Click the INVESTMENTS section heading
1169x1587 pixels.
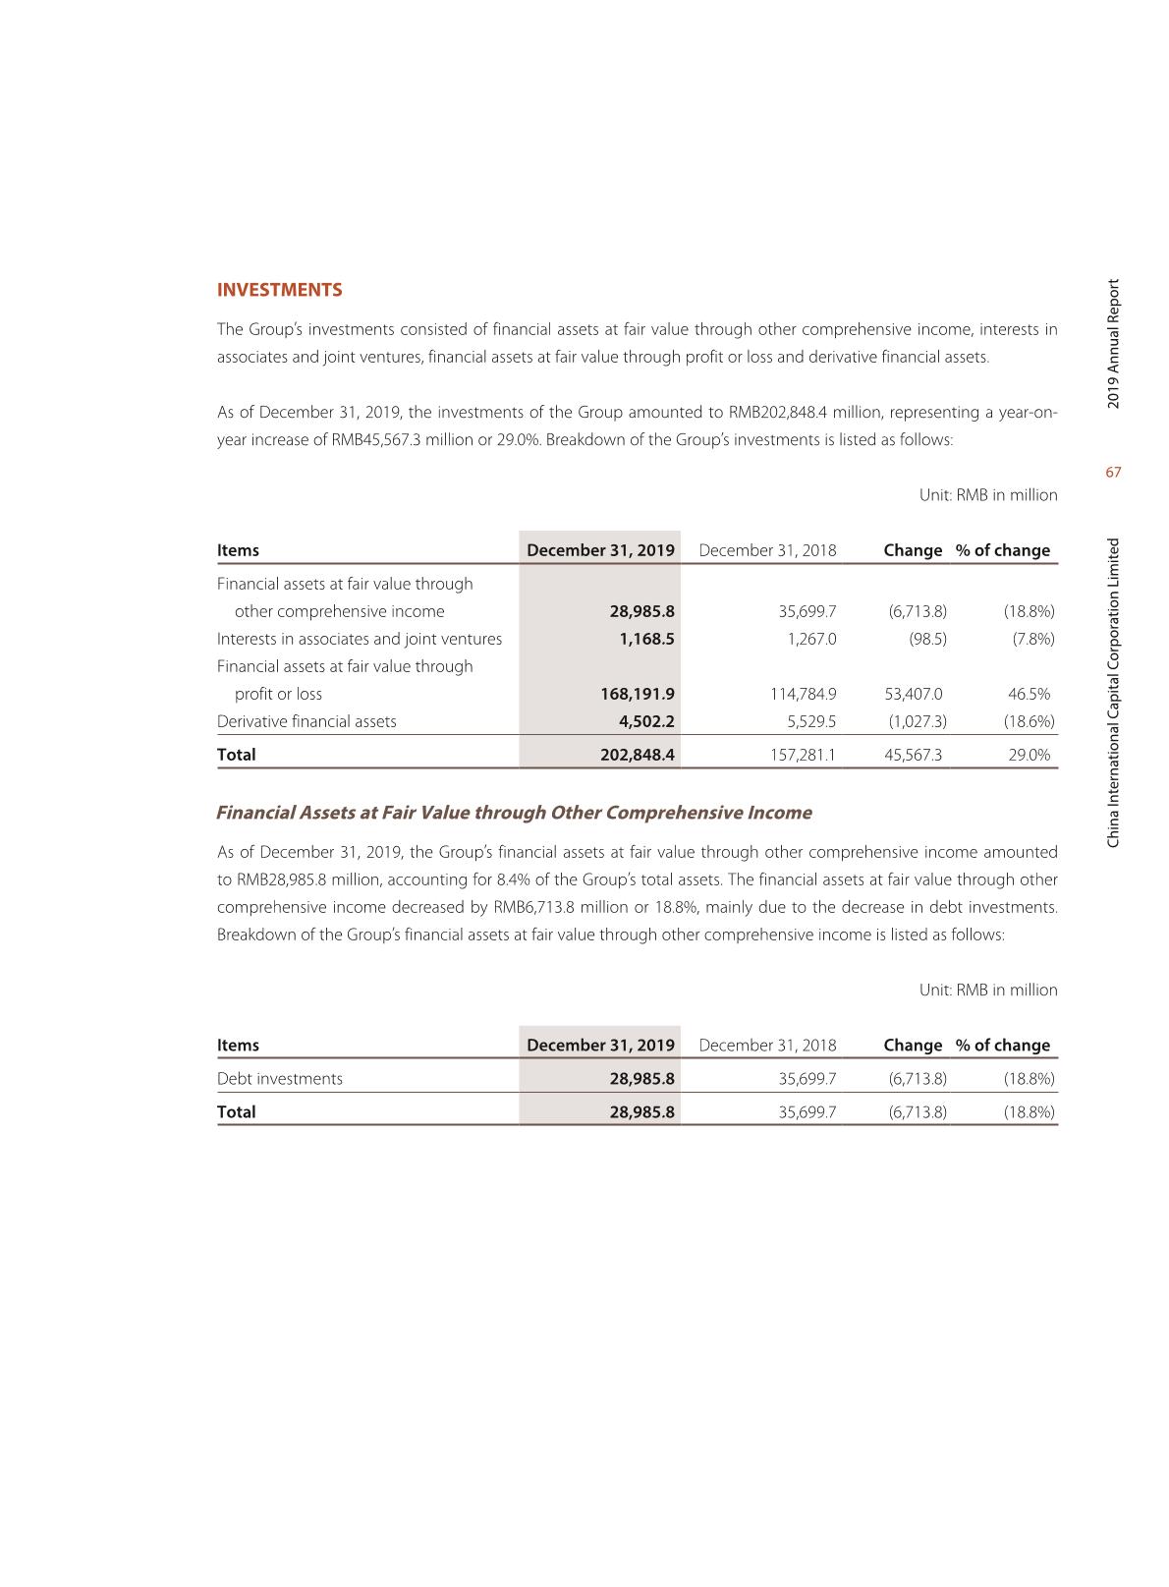279,290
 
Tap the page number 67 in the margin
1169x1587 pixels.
1113,473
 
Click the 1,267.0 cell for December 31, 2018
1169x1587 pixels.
811,639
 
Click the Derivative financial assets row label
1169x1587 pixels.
306,721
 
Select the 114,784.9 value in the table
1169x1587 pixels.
803,694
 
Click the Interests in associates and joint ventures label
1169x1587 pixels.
359,639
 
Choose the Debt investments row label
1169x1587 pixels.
280,1079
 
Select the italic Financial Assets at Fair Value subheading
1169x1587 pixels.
514,813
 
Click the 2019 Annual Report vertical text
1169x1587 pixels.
1113,345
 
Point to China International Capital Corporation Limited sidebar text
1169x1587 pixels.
1113,693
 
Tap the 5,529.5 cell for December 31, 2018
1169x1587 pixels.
811,721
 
